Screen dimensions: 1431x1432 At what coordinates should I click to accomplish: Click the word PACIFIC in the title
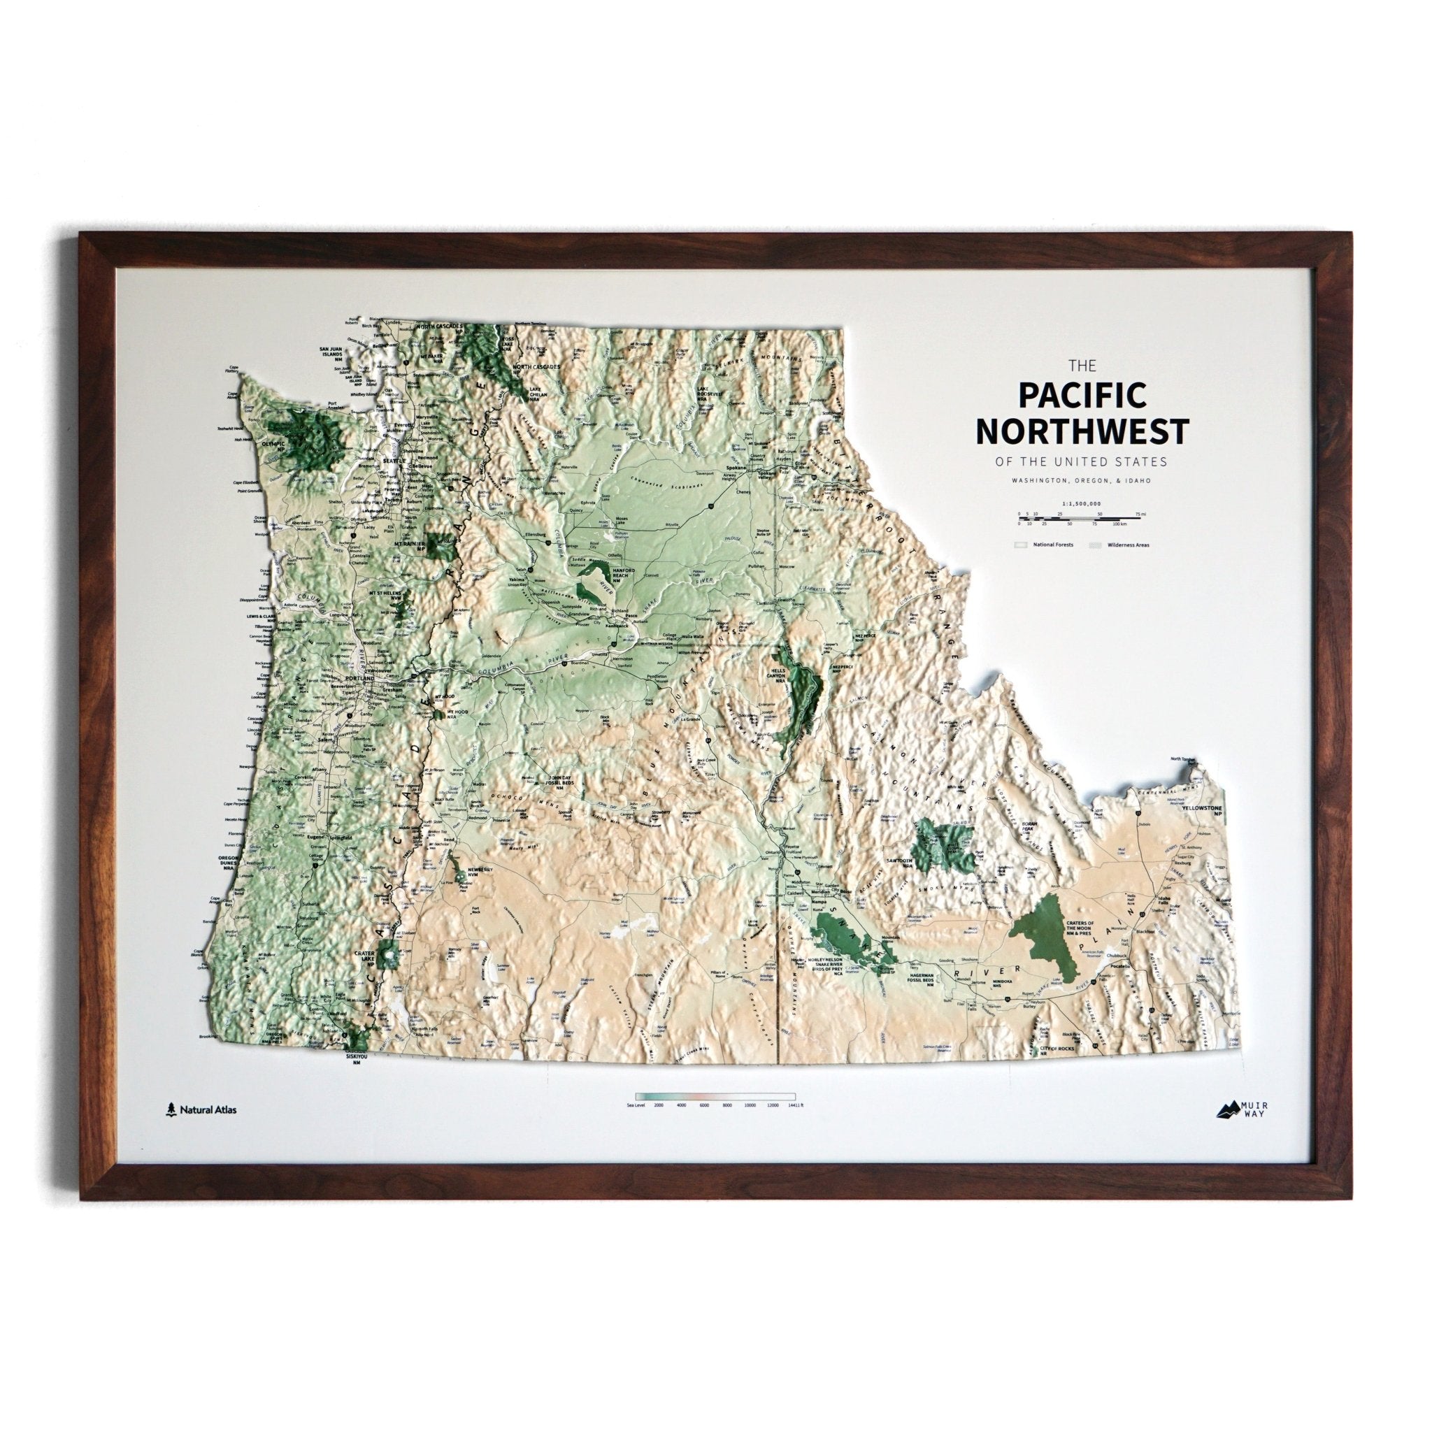[1072, 395]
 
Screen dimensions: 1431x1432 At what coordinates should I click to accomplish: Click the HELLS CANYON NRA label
[787, 672]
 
